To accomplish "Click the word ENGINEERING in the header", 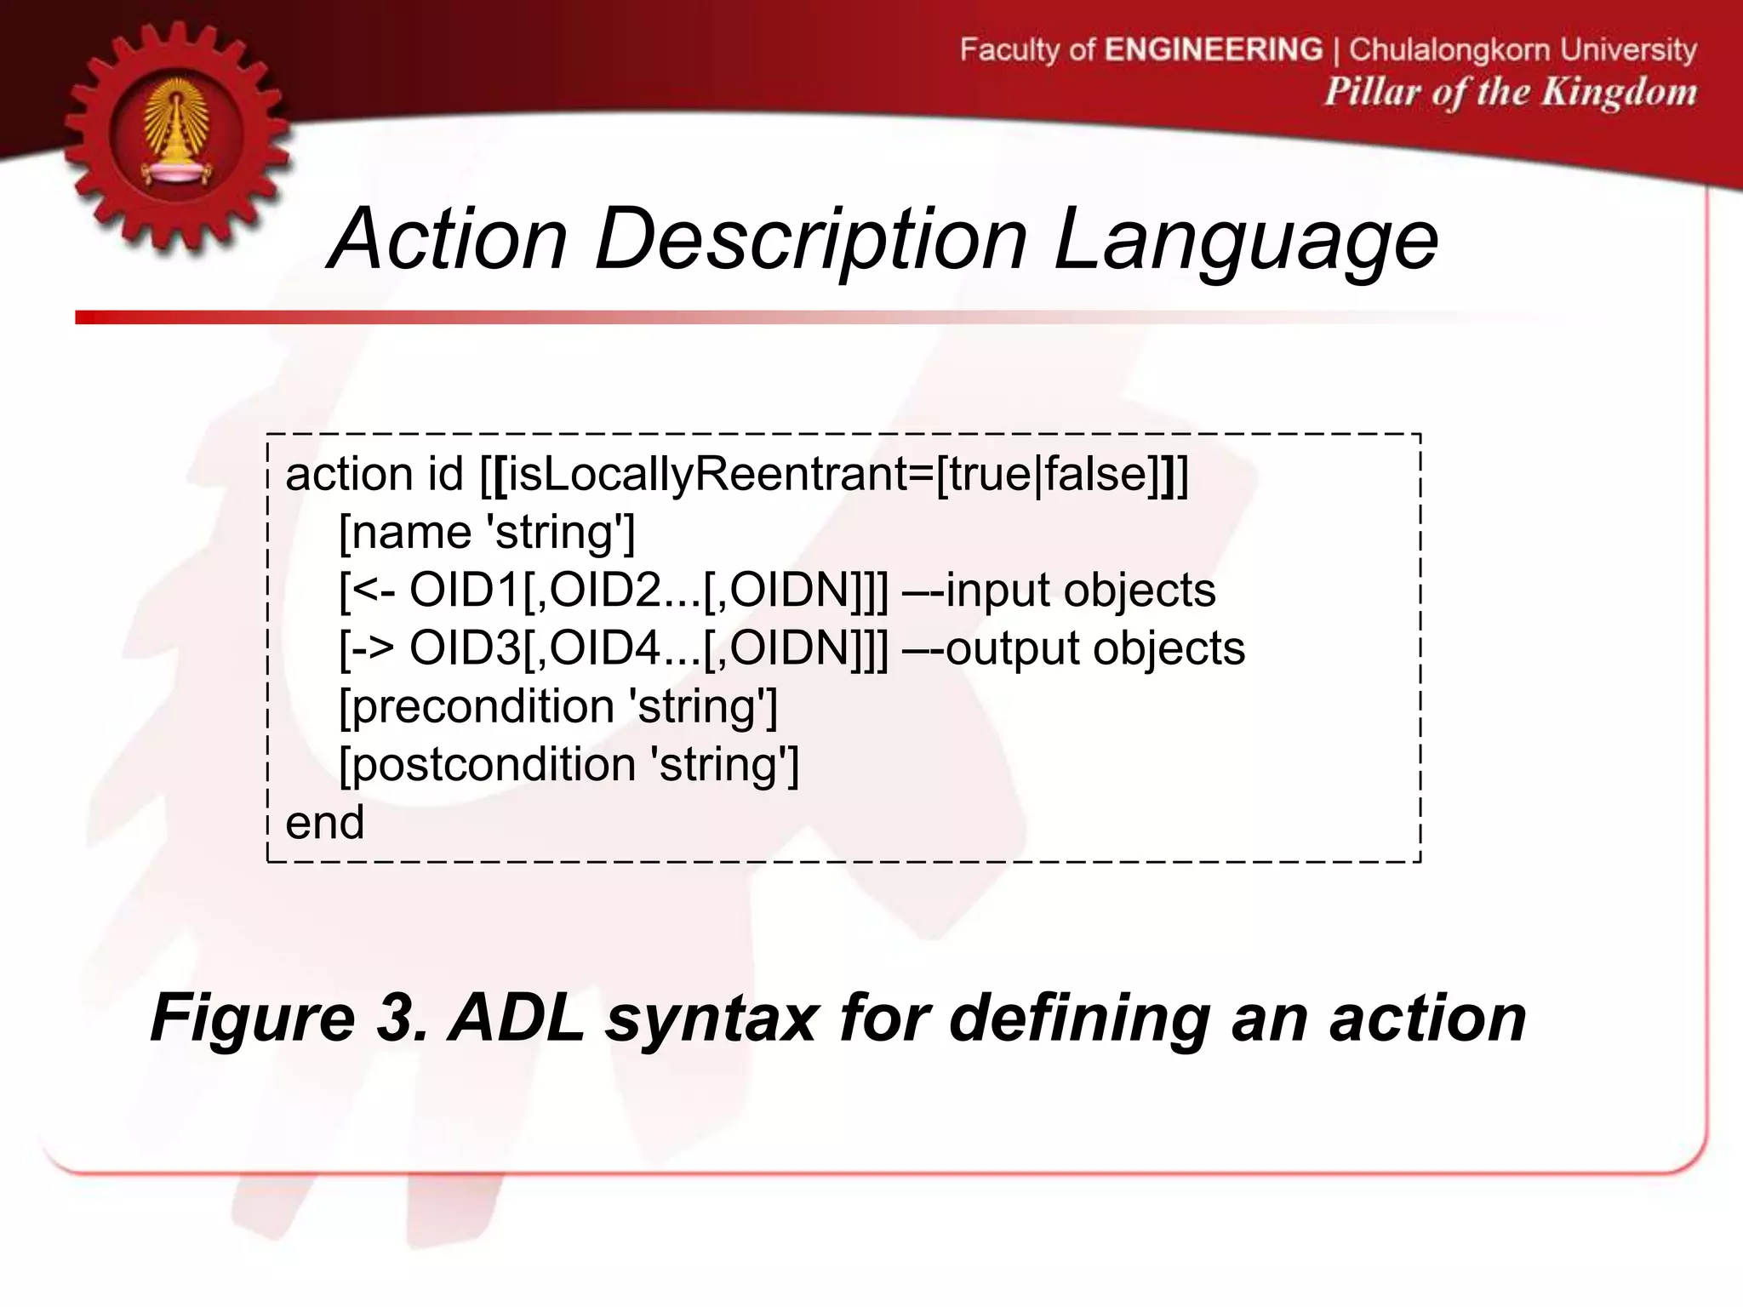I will coord(1214,49).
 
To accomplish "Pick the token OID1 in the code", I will coord(465,591).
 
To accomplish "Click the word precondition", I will coord(482,706).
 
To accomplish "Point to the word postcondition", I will coord(494,764).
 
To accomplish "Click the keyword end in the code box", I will coord(325,823).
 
